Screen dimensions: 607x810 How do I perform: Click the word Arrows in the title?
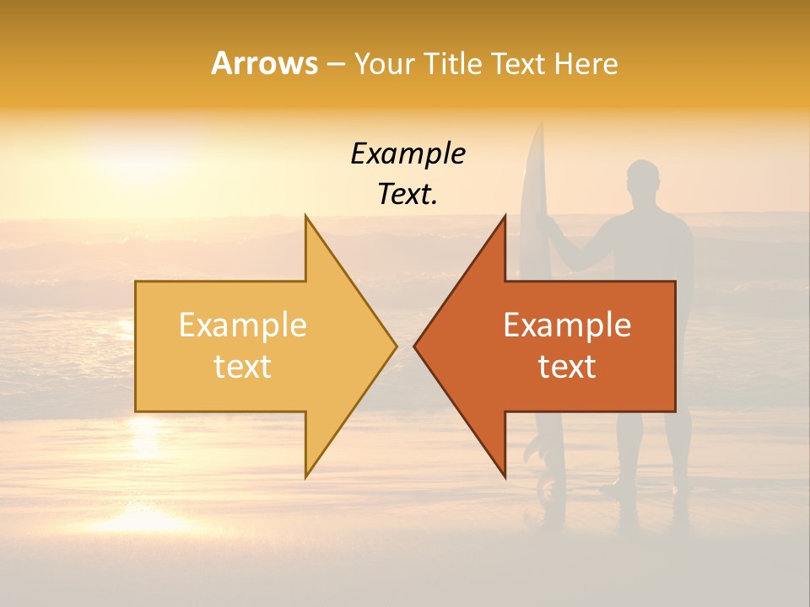264,63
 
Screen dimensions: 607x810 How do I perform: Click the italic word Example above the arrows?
408,154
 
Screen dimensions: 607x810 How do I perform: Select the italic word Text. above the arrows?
408,195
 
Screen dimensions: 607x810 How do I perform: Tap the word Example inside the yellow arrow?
242,325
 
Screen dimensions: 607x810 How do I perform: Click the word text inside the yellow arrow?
242,367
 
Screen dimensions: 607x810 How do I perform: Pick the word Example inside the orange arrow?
567,325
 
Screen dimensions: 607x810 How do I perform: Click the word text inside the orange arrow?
567,367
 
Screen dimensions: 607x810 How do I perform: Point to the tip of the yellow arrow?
396,346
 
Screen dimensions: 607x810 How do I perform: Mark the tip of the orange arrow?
415,346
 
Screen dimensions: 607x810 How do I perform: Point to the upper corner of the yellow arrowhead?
306,216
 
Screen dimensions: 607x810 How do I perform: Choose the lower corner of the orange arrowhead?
505,477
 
